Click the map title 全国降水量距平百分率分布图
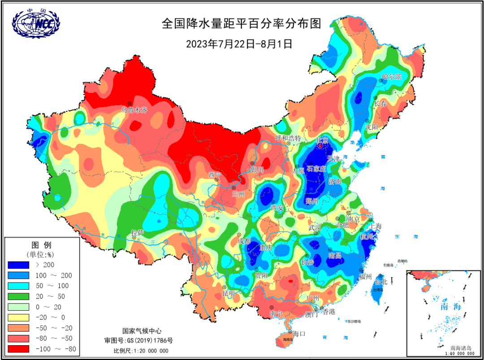click(242, 23)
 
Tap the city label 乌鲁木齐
click(134, 109)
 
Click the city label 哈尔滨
click(391, 77)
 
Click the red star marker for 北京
click(320, 145)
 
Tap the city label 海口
click(298, 334)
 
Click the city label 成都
click(245, 241)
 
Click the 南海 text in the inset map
click(450, 307)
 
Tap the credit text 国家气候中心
click(141, 331)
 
